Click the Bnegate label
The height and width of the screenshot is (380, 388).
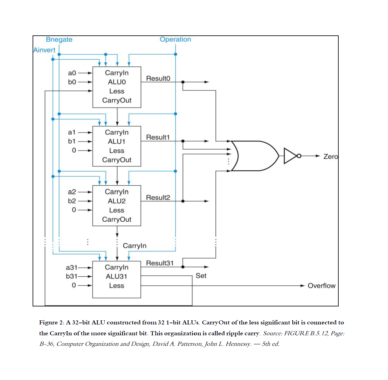pos(59,39)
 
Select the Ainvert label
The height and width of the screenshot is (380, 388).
pos(44,50)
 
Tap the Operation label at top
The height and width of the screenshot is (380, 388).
pos(175,39)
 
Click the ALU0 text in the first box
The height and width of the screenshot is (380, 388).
pos(117,82)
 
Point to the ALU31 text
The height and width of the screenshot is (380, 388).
pos(116,276)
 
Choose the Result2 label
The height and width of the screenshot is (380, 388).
pos(158,197)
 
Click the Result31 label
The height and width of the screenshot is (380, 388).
pos(160,263)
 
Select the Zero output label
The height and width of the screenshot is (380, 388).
pos(330,156)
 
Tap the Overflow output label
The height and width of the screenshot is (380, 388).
pos(321,286)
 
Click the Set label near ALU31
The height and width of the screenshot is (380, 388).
pos(201,276)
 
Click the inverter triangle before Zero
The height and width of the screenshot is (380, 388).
pos(290,156)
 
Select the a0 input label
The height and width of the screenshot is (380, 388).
pos(72,73)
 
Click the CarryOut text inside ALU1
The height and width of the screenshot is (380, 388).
pos(117,160)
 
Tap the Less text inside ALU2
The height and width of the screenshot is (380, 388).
pos(117,210)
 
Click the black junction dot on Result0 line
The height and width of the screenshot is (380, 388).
pos(183,82)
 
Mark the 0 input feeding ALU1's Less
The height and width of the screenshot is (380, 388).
pos(74,150)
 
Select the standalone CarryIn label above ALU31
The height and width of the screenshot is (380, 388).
pos(134,246)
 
